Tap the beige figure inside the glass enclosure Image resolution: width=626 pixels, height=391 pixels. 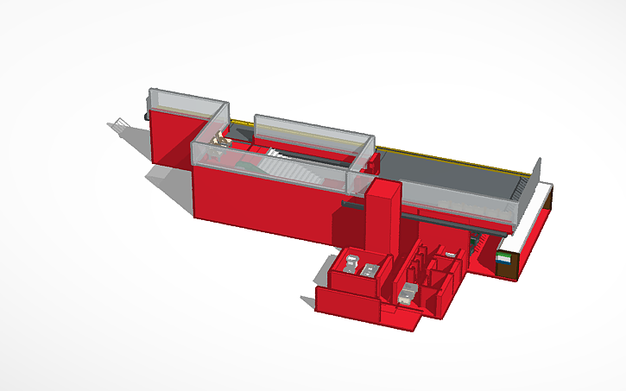[x=223, y=137]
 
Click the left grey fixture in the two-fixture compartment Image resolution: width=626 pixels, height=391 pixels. [x=351, y=262]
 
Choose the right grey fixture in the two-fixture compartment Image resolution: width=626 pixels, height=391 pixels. [x=370, y=269]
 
